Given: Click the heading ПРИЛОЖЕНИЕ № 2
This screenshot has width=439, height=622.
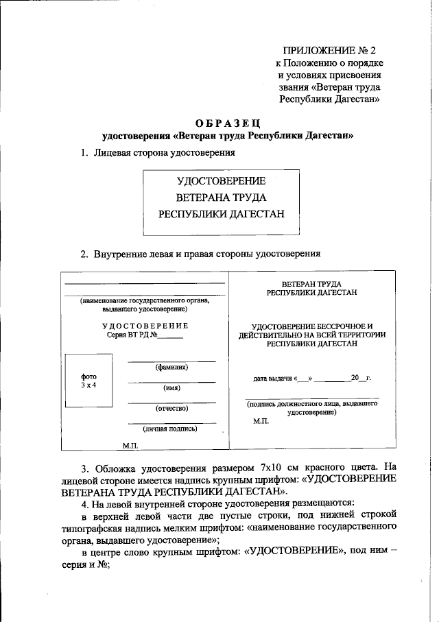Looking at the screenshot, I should click(330, 51).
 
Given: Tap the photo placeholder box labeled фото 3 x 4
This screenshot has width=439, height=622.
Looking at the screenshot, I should click(88, 381).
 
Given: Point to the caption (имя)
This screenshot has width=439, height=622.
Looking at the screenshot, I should click(171, 388).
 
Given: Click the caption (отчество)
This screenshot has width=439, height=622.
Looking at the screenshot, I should click(171, 409).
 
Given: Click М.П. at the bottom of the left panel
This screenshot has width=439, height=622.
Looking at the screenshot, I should click(130, 445).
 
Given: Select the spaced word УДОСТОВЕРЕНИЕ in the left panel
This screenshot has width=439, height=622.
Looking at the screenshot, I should click(145, 325).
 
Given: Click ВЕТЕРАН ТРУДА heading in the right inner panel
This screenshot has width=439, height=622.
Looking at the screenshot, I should click(312, 284).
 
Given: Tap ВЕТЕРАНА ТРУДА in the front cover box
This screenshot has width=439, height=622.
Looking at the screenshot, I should click(220, 198).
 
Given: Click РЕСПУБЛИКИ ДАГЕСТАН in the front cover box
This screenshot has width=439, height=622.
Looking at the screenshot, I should click(220, 213).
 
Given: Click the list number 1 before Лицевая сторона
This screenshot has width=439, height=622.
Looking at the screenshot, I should click(84, 153).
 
